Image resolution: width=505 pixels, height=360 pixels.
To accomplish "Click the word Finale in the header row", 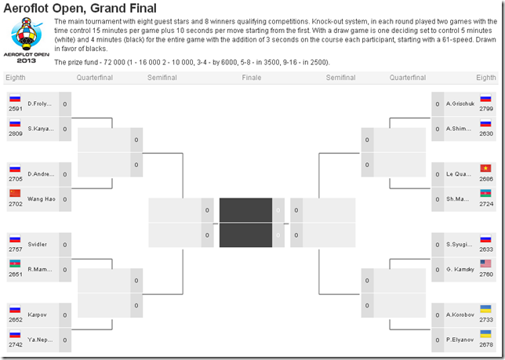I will (252, 78).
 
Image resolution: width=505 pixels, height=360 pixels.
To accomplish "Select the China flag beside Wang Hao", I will (15, 193).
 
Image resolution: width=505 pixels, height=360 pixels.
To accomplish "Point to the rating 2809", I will (15, 133).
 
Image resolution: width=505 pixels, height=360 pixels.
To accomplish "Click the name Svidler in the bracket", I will (38, 244).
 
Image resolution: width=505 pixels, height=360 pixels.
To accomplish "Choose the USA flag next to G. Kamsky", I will (485, 264).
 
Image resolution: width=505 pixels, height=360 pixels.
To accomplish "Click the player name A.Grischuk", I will (458, 104).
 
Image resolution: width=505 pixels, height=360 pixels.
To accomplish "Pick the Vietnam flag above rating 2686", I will (485, 169).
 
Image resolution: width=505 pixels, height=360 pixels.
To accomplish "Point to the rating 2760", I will (485, 275).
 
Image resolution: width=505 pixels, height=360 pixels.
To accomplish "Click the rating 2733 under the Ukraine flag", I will (485, 320).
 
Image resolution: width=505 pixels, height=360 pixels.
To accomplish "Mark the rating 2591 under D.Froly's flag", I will (15, 109).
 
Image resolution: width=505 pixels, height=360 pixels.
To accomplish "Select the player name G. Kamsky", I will (458, 269).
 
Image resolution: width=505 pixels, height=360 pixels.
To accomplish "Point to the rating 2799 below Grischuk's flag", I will (485, 109).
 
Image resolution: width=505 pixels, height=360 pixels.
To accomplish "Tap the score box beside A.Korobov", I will (438, 315).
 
